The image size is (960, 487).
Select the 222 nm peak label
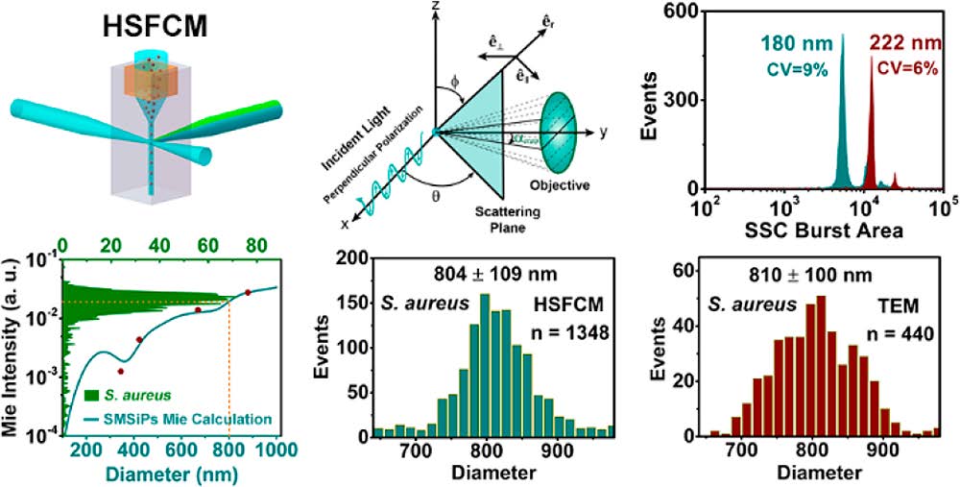pyautogui.click(x=904, y=43)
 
